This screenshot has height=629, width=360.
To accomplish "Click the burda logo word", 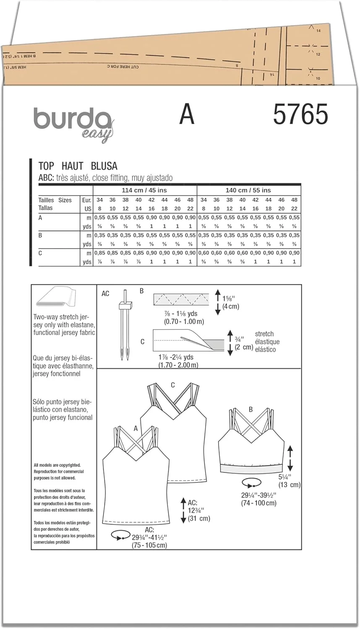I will point(71,119).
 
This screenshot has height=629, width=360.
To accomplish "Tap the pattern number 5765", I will point(300,114).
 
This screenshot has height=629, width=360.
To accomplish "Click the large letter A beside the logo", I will point(187,114).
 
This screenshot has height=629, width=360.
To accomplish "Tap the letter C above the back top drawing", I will point(173,385).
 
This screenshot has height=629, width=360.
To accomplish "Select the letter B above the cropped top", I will point(250,410).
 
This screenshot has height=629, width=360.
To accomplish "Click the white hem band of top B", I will point(251,468).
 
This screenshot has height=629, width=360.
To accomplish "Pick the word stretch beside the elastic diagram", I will point(264,334).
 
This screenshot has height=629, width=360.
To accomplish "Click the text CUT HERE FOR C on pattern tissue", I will point(123,67).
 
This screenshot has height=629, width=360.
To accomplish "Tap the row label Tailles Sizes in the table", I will point(55,200).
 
